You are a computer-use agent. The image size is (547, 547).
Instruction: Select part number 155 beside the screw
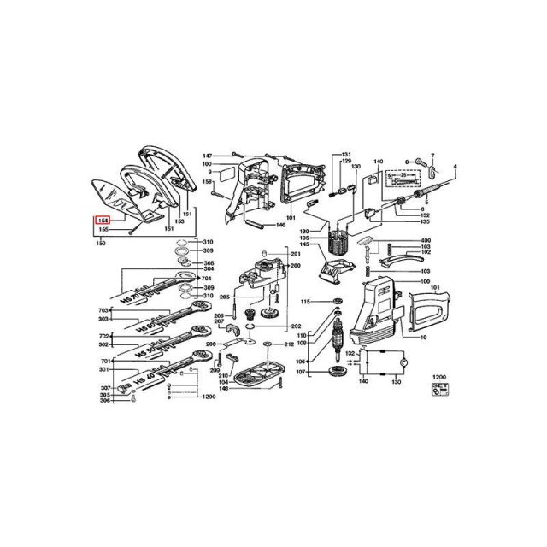click(x=103, y=229)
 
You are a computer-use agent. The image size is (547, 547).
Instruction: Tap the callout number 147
click(x=207, y=156)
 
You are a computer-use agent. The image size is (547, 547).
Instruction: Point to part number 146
click(x=280, y=225)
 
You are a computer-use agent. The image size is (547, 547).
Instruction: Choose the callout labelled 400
click(x=426, y=240)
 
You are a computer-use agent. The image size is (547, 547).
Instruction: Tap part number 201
click(x=296, y=255)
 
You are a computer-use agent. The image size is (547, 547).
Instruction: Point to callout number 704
click(x=205, y=279)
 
